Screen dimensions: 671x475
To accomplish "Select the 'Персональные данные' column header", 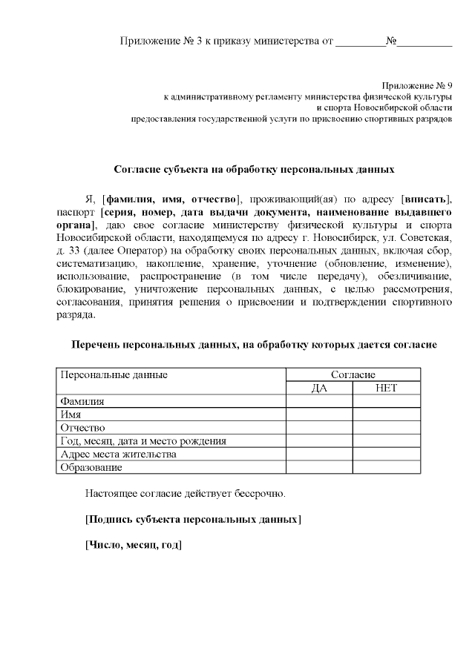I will coord(114,374).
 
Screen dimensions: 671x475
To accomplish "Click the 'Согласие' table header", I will coord(353,374).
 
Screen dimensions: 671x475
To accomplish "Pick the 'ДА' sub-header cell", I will coord(319,388).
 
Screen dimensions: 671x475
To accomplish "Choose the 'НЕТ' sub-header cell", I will coord(386,388).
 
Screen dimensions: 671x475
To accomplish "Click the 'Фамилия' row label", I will coord(82,401).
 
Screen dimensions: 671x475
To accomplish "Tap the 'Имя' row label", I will coord(71,414).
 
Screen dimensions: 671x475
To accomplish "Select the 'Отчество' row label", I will coord(83,428).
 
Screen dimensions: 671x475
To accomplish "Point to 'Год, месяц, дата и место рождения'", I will coord(143,441).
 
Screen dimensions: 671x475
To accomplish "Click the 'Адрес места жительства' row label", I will coord(118,455).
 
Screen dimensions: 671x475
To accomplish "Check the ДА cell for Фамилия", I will coord(319,401).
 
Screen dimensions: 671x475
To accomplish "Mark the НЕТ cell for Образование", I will coord(386,468).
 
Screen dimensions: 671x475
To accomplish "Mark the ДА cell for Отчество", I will coord(319,428).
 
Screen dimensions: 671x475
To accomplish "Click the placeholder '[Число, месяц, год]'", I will coord(134,545).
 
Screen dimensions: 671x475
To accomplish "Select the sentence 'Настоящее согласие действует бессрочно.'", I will coord(185,492).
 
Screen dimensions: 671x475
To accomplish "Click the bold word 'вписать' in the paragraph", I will coord(426,199).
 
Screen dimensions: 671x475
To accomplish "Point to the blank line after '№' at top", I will coord(425,41).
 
